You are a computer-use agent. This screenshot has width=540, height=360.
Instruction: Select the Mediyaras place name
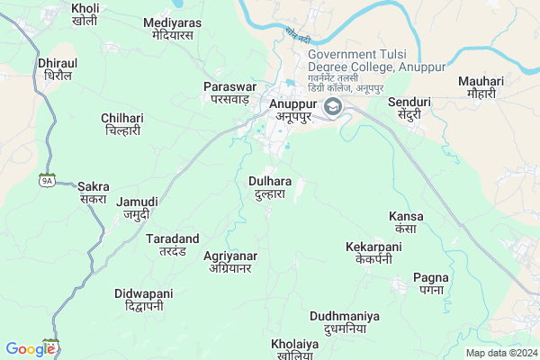pos(173,28)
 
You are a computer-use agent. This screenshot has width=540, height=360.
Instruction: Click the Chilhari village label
pos(121,124)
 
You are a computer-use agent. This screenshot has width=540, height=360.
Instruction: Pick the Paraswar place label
pos(230,92)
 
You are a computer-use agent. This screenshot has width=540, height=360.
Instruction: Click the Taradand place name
pos(173,245)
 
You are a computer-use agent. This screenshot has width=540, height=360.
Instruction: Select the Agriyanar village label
pos(230,262)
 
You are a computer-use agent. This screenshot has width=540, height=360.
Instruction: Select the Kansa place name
pos(406,222)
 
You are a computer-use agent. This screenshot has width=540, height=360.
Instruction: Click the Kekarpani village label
pos(373,252)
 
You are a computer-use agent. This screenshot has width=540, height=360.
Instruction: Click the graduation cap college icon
pos(334,108)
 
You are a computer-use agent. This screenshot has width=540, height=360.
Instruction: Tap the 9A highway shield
pos(47,180)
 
